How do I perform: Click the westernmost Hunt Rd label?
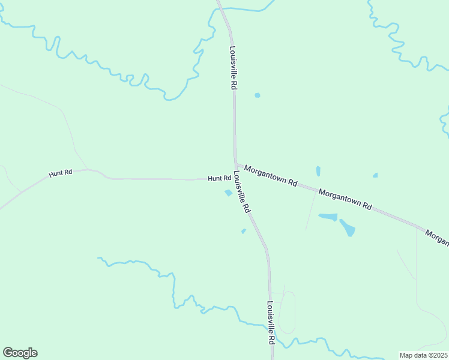click(61, 173)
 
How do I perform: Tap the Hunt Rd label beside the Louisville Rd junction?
click(219, 178)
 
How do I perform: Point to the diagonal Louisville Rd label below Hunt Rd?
click(241, 193)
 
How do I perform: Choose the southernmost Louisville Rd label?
click(271, 322)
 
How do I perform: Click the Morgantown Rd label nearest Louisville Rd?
click(271, 175)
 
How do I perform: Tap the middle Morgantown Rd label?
click(345, 198)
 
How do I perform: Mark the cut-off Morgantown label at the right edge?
click(437, 236)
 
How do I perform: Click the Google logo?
click(20, 353)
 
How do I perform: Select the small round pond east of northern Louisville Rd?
click(258, 95)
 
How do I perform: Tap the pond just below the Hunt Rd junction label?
click(228, 193)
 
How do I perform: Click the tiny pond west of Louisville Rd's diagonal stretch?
click(243, 231)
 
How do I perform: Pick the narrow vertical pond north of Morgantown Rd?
click(318, 171)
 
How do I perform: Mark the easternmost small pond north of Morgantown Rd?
click(375, 175)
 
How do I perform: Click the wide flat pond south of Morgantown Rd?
click(328, 217)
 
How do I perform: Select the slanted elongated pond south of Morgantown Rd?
click(347, 227)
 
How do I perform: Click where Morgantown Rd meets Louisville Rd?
click(236, 164)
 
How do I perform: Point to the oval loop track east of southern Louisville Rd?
click(288, 312)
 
